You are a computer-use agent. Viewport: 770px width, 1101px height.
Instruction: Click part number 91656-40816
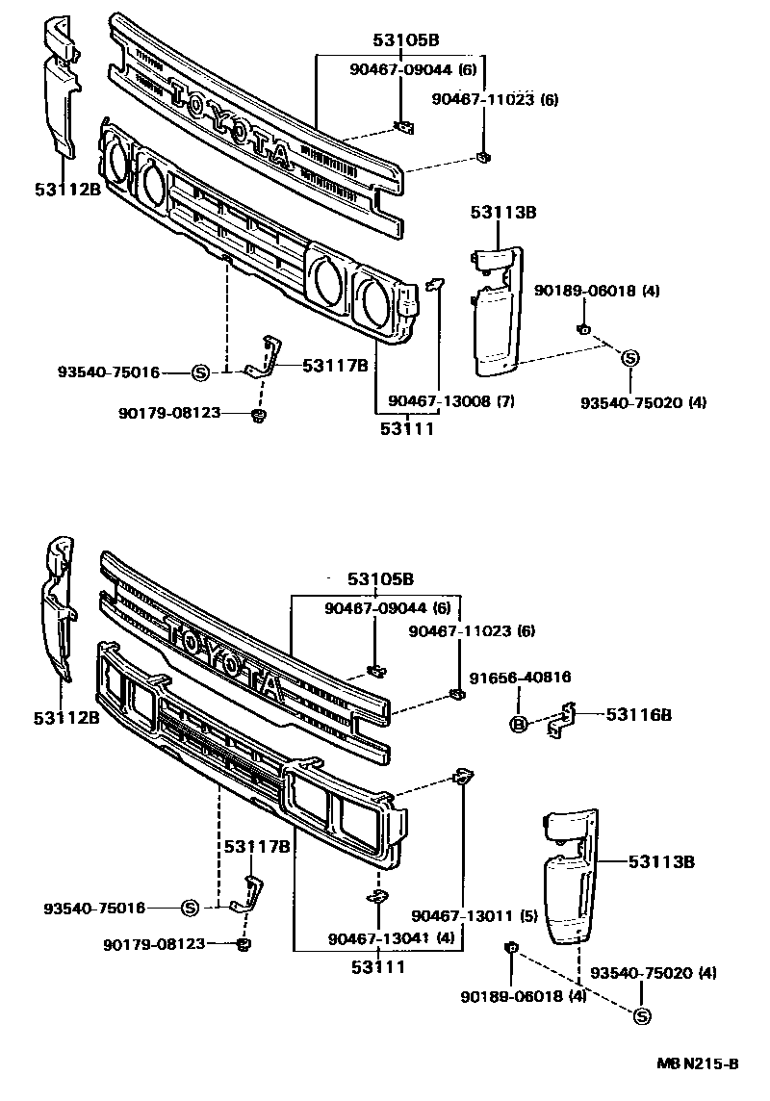(x=521, y=678)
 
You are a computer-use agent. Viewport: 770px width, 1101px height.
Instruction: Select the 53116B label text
(x=638, y=714)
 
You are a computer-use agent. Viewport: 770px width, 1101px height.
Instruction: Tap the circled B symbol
(x=518, y=724)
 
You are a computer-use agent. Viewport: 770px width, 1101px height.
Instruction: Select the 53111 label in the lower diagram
(x=376, y=965)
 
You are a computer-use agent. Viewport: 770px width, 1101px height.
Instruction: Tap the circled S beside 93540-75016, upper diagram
(x=201, y=371)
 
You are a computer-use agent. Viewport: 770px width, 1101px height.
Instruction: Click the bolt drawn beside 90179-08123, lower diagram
(x=243, y=944)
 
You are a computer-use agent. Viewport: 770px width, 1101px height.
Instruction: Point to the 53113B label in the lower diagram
(x=661, y=862)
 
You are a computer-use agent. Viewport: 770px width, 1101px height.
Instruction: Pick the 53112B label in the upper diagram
(x=66, y=190)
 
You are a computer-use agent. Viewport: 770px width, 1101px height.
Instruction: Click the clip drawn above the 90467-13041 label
(x=377, y=897)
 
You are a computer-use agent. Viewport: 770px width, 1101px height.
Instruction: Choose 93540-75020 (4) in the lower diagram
(x=654, y=973)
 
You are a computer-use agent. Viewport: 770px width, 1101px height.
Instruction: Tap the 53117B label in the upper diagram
(x=335, y=365)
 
